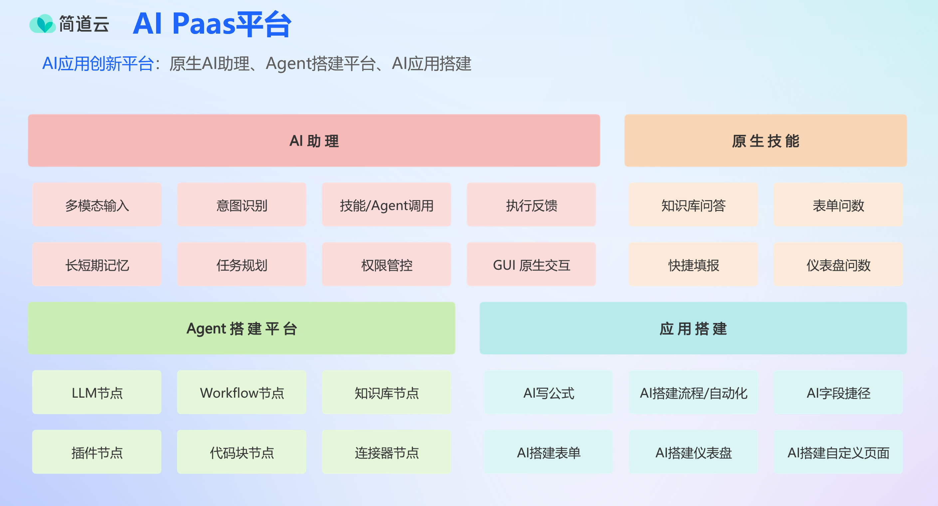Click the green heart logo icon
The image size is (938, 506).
pyautogui.click(x=43, y=24)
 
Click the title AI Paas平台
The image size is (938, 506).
pyautogui.click(x=212, y=24)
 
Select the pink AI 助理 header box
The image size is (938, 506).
pyautogui.click(x=314, y=141)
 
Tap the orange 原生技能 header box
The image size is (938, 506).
pyautogui.click(x=765, y=141)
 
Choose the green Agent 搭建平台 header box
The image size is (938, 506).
pyautogui.click(x=241, y=328)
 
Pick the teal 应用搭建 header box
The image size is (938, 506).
pyautogui.click(x=693, y=328)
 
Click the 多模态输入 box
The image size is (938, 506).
pyautogui.click(x=97, y=205)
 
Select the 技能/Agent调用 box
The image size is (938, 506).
pyautogui.click(x=386, y=205)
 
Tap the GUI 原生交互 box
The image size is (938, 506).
pyautogui.click(x=531, y=264)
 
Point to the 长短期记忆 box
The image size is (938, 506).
pyautogui.click(x=97, y=264)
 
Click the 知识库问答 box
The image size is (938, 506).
pyautogui.click(x=693, y=205)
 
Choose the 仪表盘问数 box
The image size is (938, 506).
pyautogui.click(x=838, y=264)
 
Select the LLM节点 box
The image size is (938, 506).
pyautogui.click(x=97, y=392)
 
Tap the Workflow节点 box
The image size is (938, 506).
pyautogui.click(x=241, y=392)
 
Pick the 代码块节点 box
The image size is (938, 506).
pyautogui.click(x=241, y=452)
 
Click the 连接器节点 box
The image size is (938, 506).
pyautogui.click(x=386, y=452)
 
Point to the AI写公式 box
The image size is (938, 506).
pyautogui.click(x=549, y=392)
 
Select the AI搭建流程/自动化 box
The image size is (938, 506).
pyautogui.click(x=693, y=392)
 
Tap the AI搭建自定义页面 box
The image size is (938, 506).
pyautogui.click(x=838, y=452)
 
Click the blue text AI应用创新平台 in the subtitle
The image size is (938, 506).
pyautogui.click(x=98, y=64)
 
